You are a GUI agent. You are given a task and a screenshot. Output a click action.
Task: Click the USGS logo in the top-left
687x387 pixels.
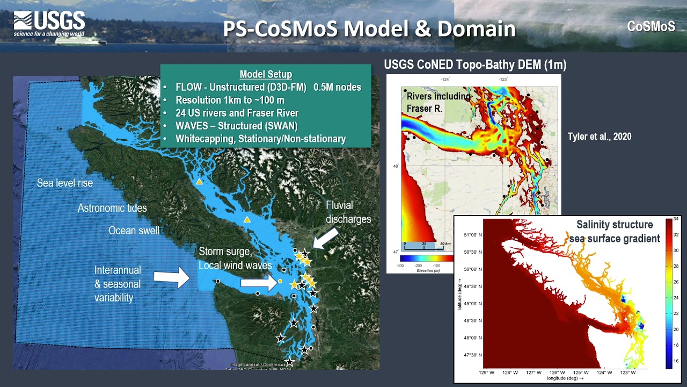pos(49,25)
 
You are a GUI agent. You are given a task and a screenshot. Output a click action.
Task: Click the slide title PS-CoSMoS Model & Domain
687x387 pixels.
pos(369,29)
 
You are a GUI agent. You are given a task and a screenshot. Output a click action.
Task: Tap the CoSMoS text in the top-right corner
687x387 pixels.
pos(651,26)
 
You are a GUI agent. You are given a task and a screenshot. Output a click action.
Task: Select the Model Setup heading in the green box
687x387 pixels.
pos(266,75)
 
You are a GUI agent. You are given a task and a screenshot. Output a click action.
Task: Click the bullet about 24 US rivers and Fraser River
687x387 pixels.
pos(237,113)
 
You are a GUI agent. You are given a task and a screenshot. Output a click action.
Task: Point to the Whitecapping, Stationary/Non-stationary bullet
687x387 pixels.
pos(260,139)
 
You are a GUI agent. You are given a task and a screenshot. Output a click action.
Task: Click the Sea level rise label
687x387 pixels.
pos(65,183)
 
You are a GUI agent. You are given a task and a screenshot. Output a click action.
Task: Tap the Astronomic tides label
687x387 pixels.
pos(112,208)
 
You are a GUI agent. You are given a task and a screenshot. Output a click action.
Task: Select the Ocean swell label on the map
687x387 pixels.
pos(134,231)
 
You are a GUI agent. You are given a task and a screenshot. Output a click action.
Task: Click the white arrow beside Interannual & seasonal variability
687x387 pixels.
pos(171,277)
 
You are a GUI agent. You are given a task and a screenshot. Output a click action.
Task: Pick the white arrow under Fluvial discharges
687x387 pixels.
pos(326,238)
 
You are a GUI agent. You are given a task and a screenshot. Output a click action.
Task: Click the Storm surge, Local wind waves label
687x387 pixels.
pos(235,258)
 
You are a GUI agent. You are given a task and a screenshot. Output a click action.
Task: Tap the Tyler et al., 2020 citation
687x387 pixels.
pos(600,137)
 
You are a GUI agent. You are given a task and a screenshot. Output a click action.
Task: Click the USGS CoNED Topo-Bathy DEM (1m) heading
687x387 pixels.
pos(475,65)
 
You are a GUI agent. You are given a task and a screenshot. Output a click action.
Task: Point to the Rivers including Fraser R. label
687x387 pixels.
pos(438,102)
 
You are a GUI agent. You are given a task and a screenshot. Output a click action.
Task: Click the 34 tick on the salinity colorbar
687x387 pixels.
pos(676,219)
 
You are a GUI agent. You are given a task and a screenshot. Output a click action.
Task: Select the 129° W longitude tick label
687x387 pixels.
pos(487,372)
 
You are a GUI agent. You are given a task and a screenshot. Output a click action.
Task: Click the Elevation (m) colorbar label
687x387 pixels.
pos(420,270)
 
